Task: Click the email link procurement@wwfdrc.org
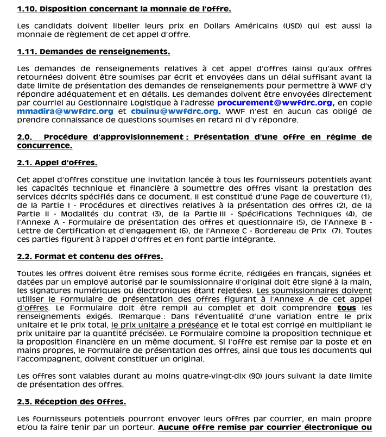click(275, 103)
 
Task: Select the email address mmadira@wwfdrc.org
click(65, 111)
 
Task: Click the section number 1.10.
click(27, 9)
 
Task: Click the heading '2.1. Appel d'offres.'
click(57, 163)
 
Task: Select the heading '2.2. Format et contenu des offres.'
click(90, 257)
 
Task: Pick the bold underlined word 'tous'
click(346, 308)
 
